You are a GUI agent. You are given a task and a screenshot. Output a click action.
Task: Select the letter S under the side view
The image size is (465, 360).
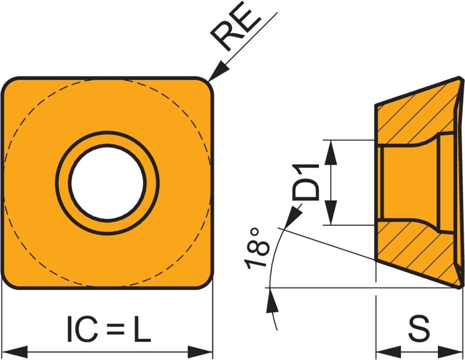click(x=419, y=329)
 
